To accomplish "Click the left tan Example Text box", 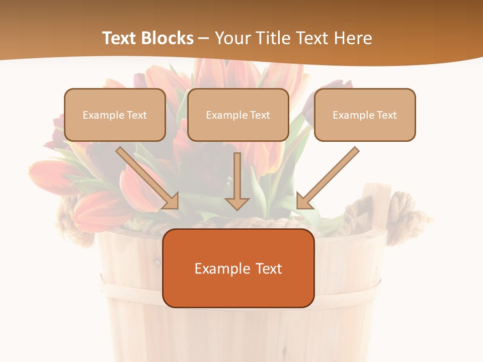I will pyautogui.click(x=115, y=115).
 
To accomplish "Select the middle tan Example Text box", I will pyautogui.click(x=238, y=115).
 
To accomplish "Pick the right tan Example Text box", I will pyautogui.click(x=365, y=115).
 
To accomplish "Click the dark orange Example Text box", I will pyautogui.click(x=238, y=268).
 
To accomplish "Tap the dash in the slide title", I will pyautogui.click(x=204, y=38).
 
